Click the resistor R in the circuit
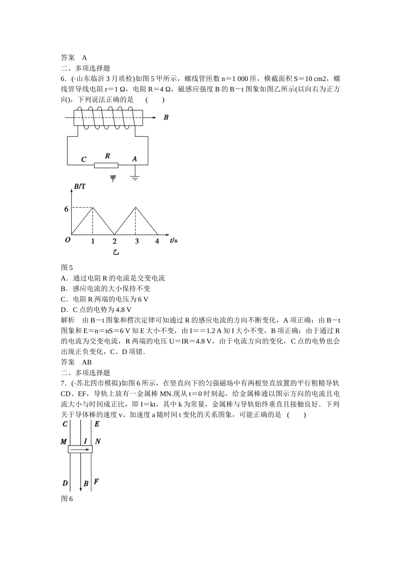coord(106,165)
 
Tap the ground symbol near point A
coord(135,176)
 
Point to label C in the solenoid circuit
coord(84,159)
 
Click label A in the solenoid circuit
coord(134,159)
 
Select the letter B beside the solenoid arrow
coord(166,117)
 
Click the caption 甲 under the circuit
coord(113,178)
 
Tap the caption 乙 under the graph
coord(115,252)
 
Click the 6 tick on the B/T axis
coord(66,209)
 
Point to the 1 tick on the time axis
coord(92,241)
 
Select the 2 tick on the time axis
coord(114,241)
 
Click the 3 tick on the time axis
coord(136,241)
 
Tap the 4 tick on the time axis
coord(157,241)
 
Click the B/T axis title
coord(79,186)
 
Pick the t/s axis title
coord(173,240)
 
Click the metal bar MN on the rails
coord(80,449)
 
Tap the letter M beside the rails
coord(64,442)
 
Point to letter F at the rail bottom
coord(96,481)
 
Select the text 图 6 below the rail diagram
coord(67,499)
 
